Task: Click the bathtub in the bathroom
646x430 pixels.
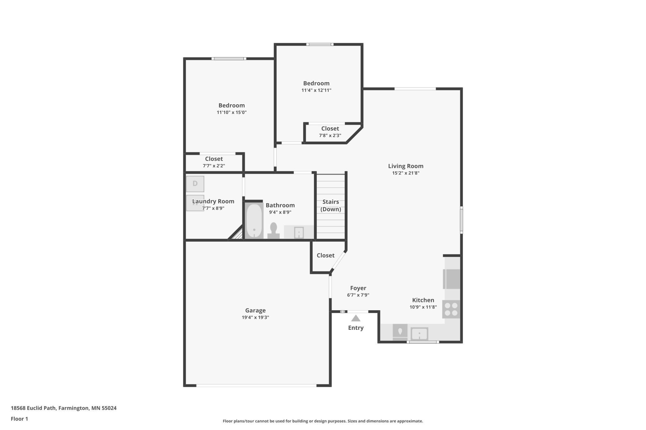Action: click(x=254, y=220)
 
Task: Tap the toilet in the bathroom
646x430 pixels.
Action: click(x=273, y=231)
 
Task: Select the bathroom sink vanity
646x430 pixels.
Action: click(x=298, y=232)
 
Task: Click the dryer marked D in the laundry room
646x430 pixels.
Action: click(x=195, y=184)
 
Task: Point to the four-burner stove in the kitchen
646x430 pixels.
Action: click(x=451, y=309)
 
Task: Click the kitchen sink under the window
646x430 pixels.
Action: click(x=419, y=334)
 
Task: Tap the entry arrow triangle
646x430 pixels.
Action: click(x=356, y=318)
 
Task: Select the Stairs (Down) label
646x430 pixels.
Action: click(x=330, y=205)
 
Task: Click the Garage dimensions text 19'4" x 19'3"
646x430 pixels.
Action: click(x=255, y=317)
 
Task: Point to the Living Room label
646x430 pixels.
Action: click(x=406, y=166)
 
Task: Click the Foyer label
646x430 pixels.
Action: click(x=358, y=288)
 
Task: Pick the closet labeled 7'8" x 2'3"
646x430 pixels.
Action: click(x=330, y=132)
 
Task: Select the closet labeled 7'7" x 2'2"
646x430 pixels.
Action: click(x=214, y=162)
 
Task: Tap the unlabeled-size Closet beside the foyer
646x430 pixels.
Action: click(x=325, y=255)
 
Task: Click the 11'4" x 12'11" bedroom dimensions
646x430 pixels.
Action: click(x=316, y=90)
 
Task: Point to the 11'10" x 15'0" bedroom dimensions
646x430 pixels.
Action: click(x=231, y=112)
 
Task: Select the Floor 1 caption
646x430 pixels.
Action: click(x=19, y=419)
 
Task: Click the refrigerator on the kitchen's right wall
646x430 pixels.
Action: click(x=452, y=279)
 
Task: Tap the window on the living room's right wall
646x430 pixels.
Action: click(x=462, y=220)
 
